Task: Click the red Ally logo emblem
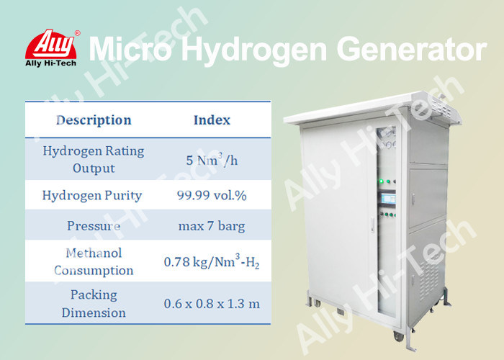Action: click(51, 44)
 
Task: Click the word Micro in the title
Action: click(130, 49)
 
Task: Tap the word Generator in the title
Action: click(411, 49)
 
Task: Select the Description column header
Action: click(94, 120)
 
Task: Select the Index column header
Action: click(212, 120)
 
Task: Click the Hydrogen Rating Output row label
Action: click(94, 159)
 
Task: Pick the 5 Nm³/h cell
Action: click(212, 159)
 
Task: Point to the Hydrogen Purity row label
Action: click(92, 195)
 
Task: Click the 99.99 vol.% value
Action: click(212, 195)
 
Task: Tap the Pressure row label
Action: click(94, 225)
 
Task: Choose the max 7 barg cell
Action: click(212, 226)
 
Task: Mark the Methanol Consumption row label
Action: click(94, 261)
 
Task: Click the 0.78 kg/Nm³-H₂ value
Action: click(212, 261)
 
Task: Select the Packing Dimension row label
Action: click(94, 303)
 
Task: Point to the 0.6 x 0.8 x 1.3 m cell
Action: click(212, 304)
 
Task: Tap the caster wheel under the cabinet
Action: click(399, 336)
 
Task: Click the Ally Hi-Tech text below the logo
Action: click(51, 63)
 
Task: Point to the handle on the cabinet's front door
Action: click(372, 225)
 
